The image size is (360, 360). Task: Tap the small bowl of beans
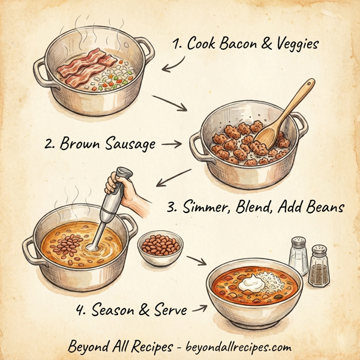click(x=160, y=248)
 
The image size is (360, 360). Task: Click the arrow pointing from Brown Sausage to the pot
click(x=172, y=144)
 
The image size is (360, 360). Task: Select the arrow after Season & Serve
click(x=200, y=310)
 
